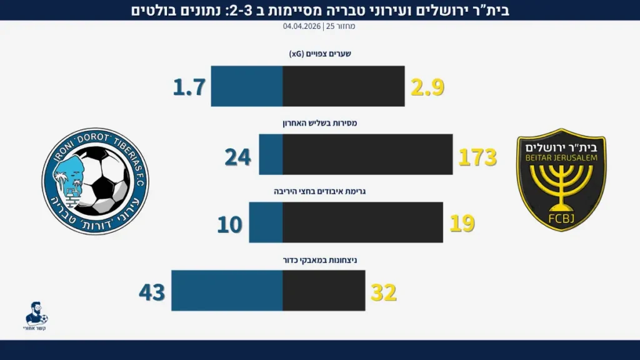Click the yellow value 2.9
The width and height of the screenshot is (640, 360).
tap(427, 87)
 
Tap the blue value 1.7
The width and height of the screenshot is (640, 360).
tap(189, 87)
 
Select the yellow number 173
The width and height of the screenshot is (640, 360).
tap(477, 157)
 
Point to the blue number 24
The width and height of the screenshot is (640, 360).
tap(237, 157)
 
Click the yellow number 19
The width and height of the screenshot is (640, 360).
tap(462, 223)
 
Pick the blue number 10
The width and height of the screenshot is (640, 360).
tap(230, 224)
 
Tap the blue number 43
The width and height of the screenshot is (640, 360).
tap(152, 292)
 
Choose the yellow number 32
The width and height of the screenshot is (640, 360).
tap(384, 292)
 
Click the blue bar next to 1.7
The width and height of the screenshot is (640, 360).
tap(247, 86)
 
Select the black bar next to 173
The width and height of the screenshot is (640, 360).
tap(367, 154)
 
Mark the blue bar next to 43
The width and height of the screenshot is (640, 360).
tap(227, 291)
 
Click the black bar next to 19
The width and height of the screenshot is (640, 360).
tap(362, 222)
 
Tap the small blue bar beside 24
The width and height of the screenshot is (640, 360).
tap(271, 154)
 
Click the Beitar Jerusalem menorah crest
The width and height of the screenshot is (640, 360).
tap(561, 180)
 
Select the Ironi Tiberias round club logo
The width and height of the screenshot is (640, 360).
tap(95, 181)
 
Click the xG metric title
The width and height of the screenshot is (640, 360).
tap(320, 54)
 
